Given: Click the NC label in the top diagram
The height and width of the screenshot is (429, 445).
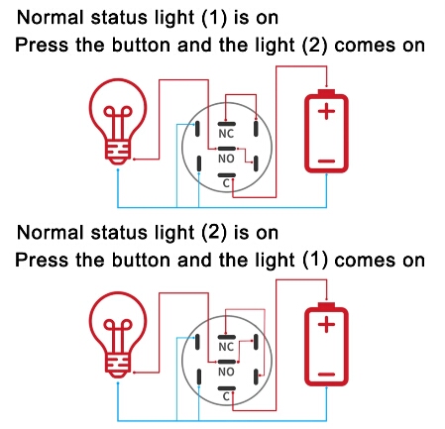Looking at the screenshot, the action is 226,134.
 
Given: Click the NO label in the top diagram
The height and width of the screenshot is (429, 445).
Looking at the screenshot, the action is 226,159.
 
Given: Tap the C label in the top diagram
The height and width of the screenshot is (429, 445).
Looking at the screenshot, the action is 226,183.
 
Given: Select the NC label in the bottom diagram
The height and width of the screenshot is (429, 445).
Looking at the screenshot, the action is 226,347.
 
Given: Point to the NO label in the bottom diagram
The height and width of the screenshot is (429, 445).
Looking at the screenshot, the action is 226,372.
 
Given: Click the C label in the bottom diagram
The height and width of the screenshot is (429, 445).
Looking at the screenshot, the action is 226,396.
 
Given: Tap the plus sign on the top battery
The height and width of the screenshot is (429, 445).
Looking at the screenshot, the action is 326,111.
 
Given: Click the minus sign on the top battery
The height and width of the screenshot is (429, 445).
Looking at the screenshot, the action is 326,161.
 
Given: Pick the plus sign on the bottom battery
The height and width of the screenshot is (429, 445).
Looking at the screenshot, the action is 326,324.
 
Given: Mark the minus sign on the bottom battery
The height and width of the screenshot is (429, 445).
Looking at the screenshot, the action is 326,375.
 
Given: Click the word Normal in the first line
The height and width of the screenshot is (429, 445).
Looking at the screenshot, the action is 50,18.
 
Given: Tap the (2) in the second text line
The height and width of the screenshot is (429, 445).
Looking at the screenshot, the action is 315,46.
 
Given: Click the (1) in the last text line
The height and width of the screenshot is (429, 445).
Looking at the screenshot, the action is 315,261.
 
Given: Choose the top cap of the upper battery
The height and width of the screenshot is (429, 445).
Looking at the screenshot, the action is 326,92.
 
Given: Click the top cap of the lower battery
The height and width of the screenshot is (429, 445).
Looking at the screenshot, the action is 326,305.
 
